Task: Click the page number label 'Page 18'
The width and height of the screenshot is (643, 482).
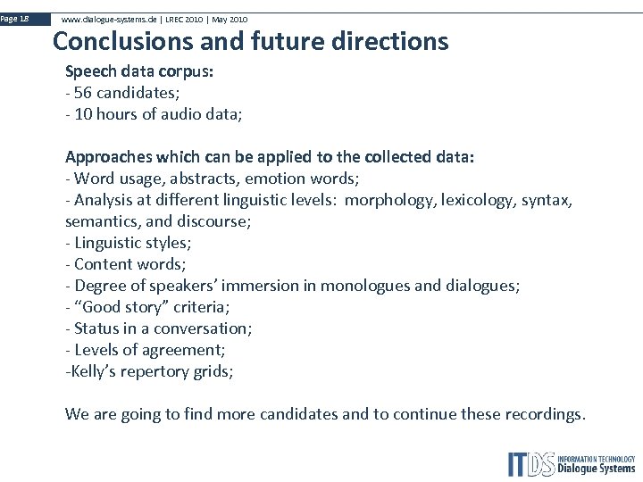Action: pos(15,18)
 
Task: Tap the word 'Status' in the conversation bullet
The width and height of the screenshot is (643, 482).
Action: pos(97,328)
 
